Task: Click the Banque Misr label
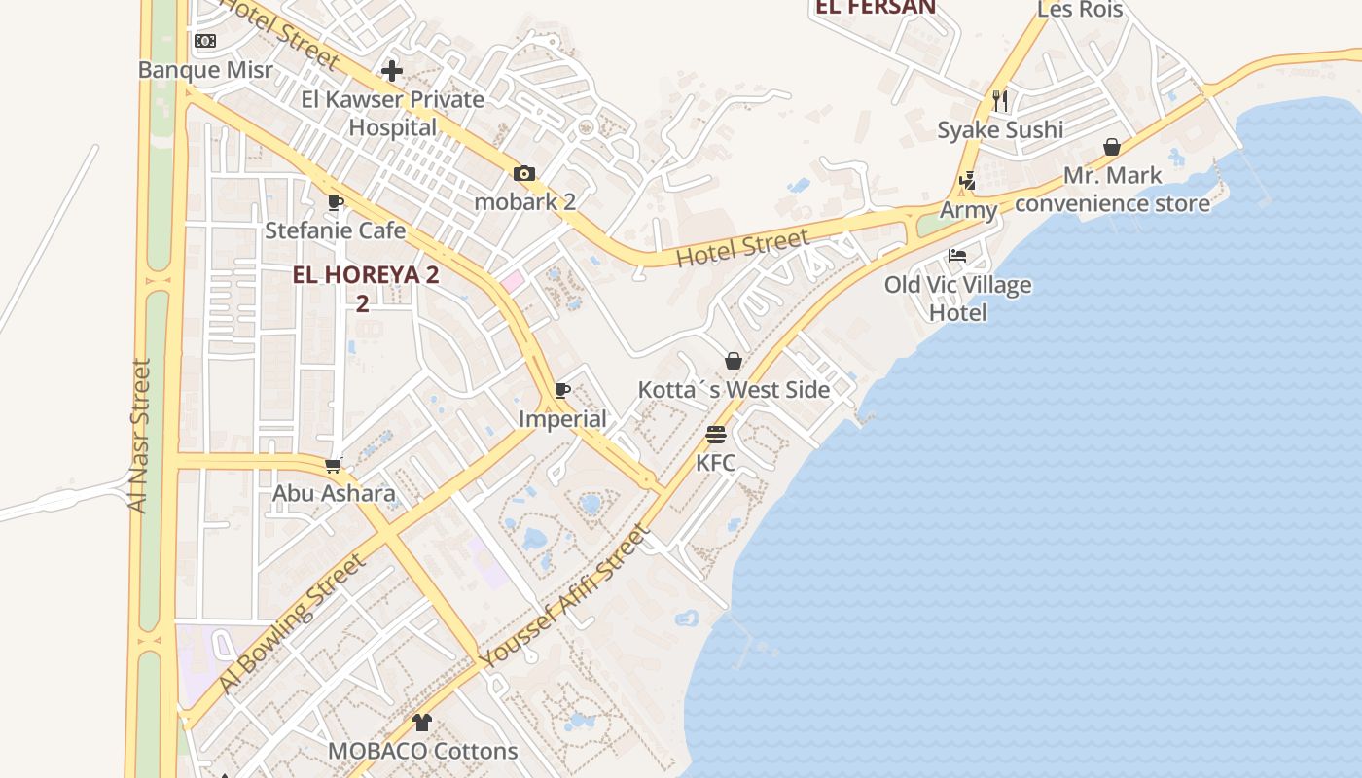pos(205,70)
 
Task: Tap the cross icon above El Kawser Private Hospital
pos(392,70)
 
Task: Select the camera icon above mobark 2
pos(524,173)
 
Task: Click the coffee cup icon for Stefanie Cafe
pos(336,202)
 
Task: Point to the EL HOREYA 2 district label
pos(366,275)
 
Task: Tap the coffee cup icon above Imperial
pos(562,390)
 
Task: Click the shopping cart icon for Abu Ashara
pos(334,465)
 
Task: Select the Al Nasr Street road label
pos(140,436)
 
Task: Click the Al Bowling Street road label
pos(293,621)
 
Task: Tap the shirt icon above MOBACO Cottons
pos(422,722)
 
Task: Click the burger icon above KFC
pos(716,434)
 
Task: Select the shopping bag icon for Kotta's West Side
pos(734,361)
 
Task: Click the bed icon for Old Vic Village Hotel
pos(957,256)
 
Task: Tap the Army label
pos(968,210)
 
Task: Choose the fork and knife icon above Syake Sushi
pos(1000,100)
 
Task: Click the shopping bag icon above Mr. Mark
pos(1112,147)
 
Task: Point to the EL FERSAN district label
pos(876,8)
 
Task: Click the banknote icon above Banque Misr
pos(205,41)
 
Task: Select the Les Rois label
pos(1080,10)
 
